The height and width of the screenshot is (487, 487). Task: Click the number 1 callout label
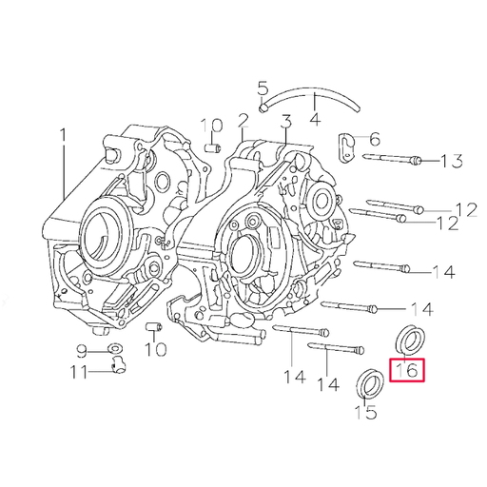coord(64,137)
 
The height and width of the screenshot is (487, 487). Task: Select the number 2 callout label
coord(243,121)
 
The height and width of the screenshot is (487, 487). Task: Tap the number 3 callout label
coord(284,121)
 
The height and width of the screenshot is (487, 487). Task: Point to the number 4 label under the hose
coord(315,122)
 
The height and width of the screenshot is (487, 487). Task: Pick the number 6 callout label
coord(375,138)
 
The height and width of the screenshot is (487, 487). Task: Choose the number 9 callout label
coord(83,349)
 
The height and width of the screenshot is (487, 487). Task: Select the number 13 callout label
coord(451,162)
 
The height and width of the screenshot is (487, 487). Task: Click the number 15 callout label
coord(365,412)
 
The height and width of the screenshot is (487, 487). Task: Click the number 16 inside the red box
coord(407,370)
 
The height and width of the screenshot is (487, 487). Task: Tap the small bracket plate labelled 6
coord(348,146)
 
